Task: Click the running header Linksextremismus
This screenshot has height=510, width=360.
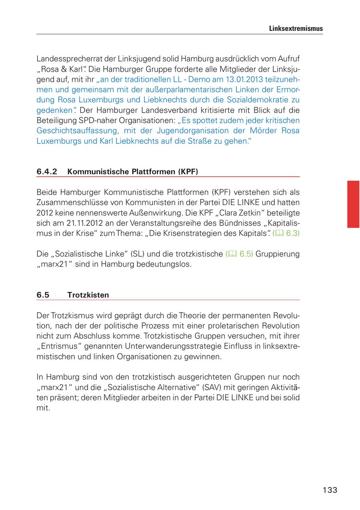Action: pyautogui.click(x=296, y=29)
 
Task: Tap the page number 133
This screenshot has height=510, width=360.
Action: pyautogui.click(x=330, y=490)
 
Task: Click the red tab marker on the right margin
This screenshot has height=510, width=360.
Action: pyautogui.click(x=353, y=204)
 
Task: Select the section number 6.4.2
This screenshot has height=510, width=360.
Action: pyautogui.click(x=47, y=171)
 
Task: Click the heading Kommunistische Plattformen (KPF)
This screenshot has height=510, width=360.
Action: pyautogui.click(x=133, y=171)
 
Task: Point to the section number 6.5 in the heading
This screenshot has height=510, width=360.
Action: pyautogui.click(x=43, y=295)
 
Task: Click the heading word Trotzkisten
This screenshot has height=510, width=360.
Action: pyautogui.click(x=88, y=295)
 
